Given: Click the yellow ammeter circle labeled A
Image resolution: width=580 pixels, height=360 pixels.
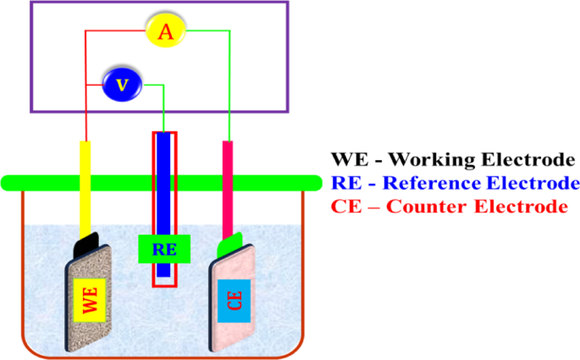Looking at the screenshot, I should pos(166,32).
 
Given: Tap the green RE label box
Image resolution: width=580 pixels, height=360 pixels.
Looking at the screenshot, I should pos(163,249).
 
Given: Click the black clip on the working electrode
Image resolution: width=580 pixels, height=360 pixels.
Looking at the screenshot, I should pos(89,245).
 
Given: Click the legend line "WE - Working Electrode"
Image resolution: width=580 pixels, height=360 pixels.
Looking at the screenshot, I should pos(452,159).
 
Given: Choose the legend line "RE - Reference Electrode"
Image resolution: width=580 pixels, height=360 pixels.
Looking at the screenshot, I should pos(455,183).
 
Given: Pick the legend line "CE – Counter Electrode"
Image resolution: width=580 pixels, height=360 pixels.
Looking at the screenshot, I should pos(449,207).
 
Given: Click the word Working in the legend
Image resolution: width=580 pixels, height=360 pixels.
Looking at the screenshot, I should pos(434,159).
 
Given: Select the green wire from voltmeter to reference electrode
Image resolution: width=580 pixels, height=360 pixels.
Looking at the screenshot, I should pos(163,106).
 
